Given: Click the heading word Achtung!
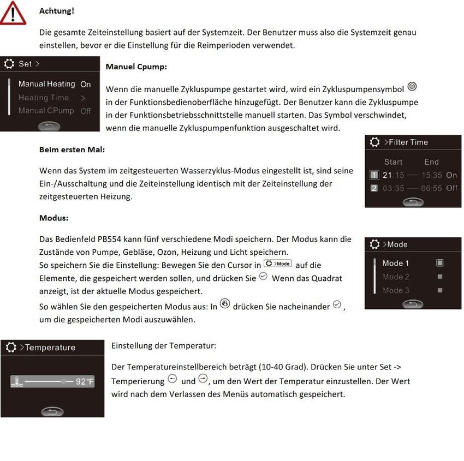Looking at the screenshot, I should (56, 10).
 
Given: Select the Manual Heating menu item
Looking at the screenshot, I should (47, 84).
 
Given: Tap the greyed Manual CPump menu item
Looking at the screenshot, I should (46, 111).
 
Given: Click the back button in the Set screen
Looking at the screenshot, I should (49, 125).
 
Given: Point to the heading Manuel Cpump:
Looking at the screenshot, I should (136, 67).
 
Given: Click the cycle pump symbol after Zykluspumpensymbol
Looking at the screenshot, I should (413, 86).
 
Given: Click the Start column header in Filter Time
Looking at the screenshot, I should (393, 161).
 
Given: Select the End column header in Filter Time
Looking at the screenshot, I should (431, 161).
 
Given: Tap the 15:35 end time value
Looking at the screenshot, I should (431, 175).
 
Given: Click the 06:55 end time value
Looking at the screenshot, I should (431, 188).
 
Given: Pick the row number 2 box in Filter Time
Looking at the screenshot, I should (374, 188).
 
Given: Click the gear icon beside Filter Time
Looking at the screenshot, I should (374, 142).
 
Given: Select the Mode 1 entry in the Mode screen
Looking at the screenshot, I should (396, 263).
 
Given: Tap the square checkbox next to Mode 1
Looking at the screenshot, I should (440, 263).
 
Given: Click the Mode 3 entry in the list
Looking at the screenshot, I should (396, 290).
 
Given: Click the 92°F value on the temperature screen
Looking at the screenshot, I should (85, 382).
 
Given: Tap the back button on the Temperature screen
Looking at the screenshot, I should (52, 412).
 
